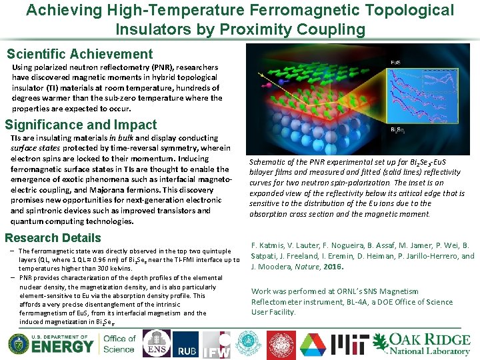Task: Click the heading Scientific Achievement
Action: point(79,55)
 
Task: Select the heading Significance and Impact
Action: point(81,125)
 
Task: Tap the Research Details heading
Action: point(53,238)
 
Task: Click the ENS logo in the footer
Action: point(157,343)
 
